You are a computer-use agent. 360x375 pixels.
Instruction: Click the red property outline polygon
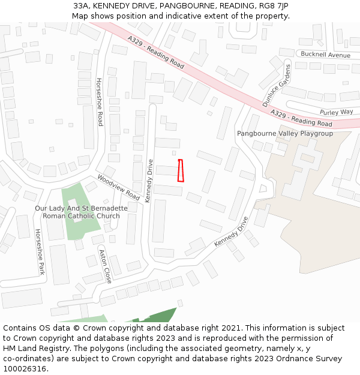pyautogui.click(x=180, y=170)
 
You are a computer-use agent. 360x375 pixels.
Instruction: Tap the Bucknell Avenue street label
pyautogui.click(x=325, y=55)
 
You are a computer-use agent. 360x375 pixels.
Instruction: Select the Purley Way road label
pyautogui.click(x=336, y=112)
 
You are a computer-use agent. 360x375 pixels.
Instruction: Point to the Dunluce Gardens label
pyautogui.click(x=276, y=85)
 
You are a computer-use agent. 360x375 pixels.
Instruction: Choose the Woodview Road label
pyautogui.click(x=118, y=187)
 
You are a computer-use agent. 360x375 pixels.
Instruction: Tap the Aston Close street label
pyautogui.click(x=105, y=266)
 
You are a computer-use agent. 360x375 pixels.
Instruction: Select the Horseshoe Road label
pyautogui.click(x=100, y=101)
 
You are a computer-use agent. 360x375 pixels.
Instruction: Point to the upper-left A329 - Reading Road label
pyautogui.click(x=155, y=51)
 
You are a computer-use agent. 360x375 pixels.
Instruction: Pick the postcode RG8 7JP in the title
pyautogui.click(x=272, y=6)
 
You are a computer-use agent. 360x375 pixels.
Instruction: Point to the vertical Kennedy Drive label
pyautogui.click(x=149, y=181)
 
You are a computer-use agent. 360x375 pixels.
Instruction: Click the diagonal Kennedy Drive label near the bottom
pyautogui.click(x=230, y=232)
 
